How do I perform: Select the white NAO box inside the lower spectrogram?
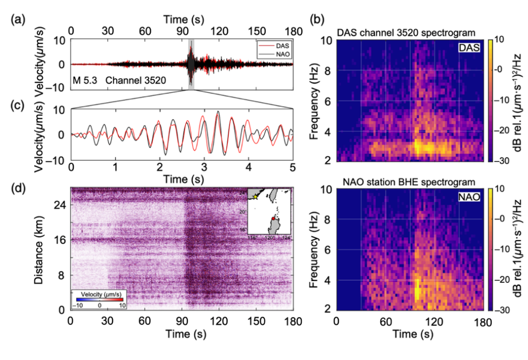click(470, 199)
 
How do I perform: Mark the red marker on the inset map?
click(273, 218)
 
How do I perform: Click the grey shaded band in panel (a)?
click(191, 64)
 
